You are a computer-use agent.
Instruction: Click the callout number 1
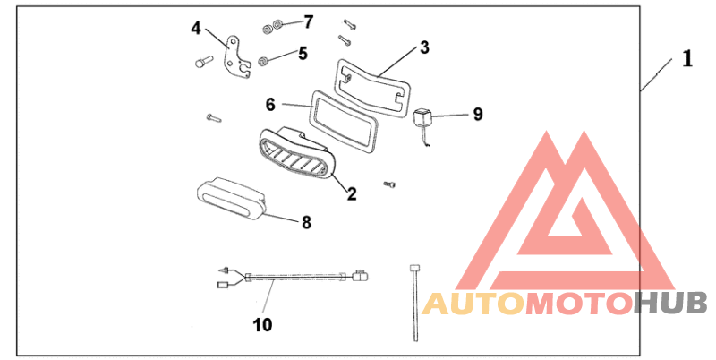pos(687,60)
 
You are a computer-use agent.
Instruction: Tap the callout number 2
pos(352,193)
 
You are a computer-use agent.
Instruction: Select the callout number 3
pos(425,47)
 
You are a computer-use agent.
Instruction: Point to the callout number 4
pos(197,27)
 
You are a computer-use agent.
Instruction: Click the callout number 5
pos(303,54)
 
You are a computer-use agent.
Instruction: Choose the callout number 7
pos(308,21)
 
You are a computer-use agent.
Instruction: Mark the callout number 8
pos(306,222)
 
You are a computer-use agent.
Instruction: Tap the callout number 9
pos(477,114)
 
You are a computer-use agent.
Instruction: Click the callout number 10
pos(262,324)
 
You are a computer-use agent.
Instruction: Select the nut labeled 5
pos(265,61)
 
